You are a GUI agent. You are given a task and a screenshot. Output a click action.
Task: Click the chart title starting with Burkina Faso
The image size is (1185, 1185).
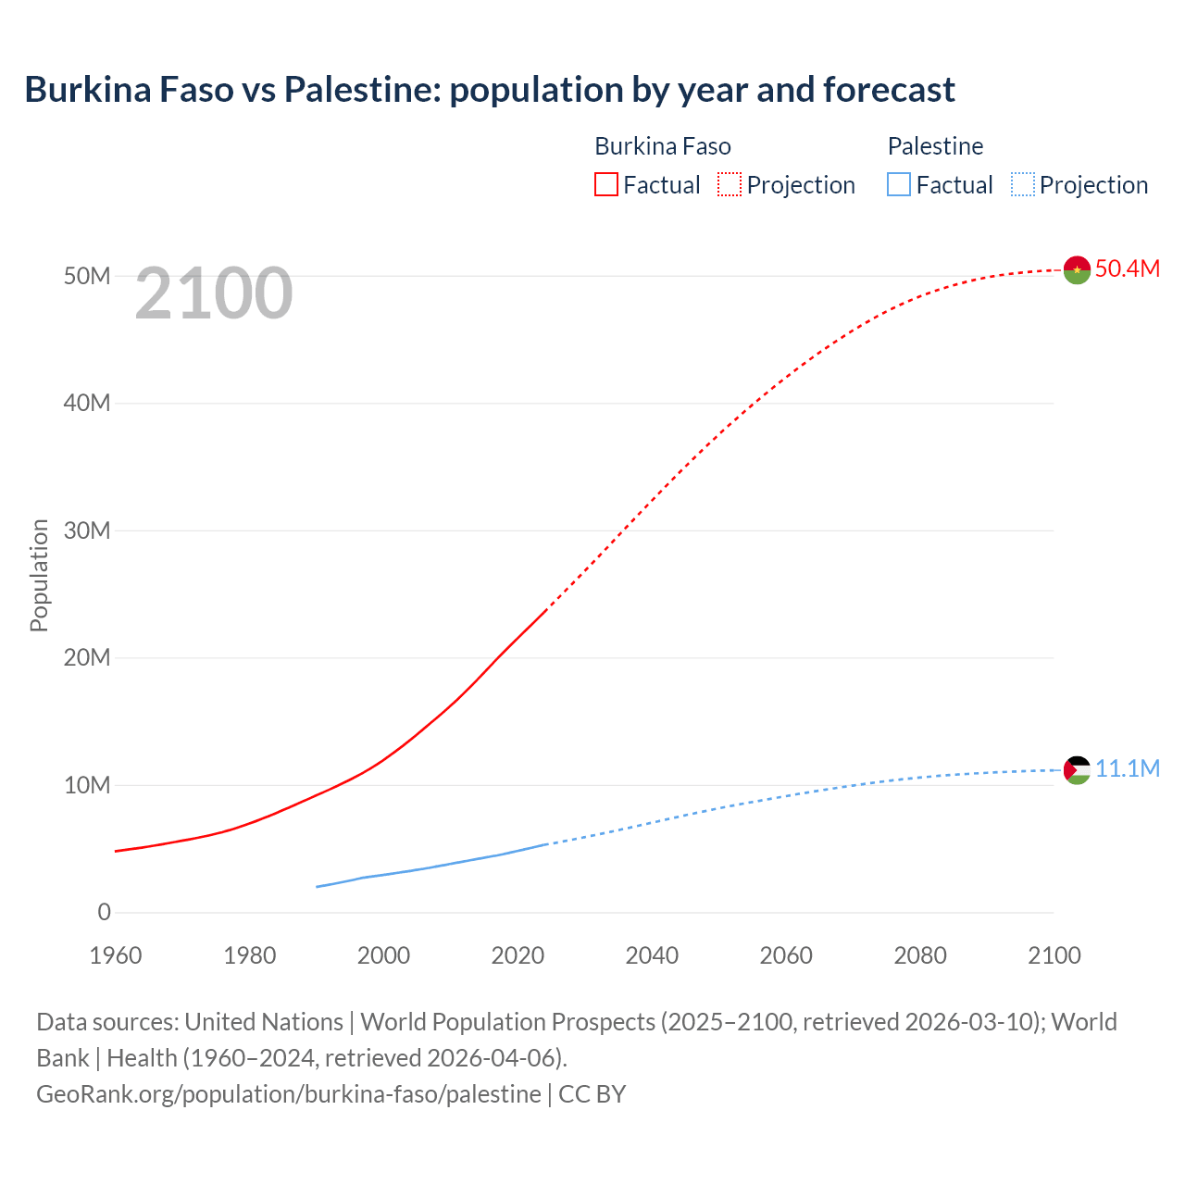click(489, 90)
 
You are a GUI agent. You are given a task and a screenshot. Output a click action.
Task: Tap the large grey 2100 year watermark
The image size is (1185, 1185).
click(214, 293)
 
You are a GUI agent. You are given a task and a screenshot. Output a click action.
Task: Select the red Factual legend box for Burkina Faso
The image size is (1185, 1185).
click(605, 184)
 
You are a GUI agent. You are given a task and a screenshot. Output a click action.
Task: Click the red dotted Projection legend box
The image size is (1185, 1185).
click(730, 184)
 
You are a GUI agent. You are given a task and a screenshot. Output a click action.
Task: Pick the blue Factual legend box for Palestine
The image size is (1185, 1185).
click(899, 184)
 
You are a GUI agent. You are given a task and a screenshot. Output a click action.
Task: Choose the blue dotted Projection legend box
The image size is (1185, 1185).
click(1022, 184)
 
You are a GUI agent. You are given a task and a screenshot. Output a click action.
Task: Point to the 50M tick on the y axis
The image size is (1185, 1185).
click(87, 276)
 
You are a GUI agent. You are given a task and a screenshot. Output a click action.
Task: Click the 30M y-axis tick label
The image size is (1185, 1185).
click(87, 530)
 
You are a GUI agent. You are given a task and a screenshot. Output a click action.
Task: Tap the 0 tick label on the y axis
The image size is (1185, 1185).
click(104, 912)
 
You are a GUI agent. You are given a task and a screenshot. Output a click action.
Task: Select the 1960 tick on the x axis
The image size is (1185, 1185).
click(116, 955)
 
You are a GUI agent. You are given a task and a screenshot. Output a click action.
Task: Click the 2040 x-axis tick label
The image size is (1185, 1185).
click(652, 955)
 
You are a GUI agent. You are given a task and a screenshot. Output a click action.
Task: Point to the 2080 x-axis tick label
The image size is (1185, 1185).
click(920, 955)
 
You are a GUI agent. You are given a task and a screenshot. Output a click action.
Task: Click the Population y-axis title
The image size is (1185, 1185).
click(39, 575)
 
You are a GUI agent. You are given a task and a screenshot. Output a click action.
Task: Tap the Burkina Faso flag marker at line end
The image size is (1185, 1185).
click(1077, 269)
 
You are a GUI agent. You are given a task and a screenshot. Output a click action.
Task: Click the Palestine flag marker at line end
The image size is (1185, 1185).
click(1077, 769)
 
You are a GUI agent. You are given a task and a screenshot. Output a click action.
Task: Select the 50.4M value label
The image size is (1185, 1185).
click(1127, 268)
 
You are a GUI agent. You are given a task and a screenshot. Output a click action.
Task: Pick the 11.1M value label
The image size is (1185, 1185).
click(1127, 768)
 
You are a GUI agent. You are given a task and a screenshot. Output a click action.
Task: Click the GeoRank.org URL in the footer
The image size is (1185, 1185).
click(288, 1093)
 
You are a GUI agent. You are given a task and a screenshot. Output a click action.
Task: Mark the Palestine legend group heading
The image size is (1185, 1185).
click(935, 146)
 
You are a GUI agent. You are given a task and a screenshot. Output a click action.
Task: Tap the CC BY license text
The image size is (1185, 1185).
click(592, 1093)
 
